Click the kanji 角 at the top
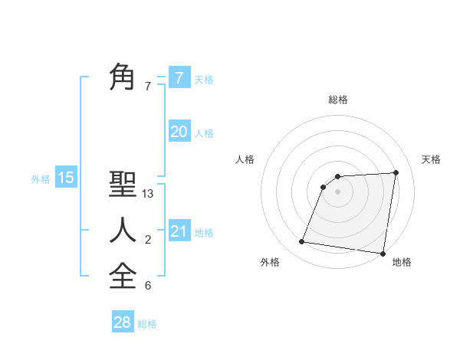(x=123, y=77)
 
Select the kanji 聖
(x=123, y=185)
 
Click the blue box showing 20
(x=179, y=132)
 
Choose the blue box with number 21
(x=179, y=231)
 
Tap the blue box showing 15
(x=66, y=178)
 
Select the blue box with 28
(x=123, y=322)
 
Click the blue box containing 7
(x=179, y=77)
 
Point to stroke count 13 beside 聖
(x=148, y=194)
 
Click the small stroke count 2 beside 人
(x=148, y=240)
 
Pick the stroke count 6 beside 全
(x=148, y=286)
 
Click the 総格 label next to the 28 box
(x=147, y=324)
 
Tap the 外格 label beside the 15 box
(x=41, y=179)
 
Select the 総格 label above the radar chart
(x=337, y=100)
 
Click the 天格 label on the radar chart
(x=432, y=159)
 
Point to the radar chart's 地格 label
(x=402, y=262)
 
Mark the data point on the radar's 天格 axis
(x=396, y=172)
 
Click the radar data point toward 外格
(x=302, y=242)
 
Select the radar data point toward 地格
(x=383, y=254)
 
